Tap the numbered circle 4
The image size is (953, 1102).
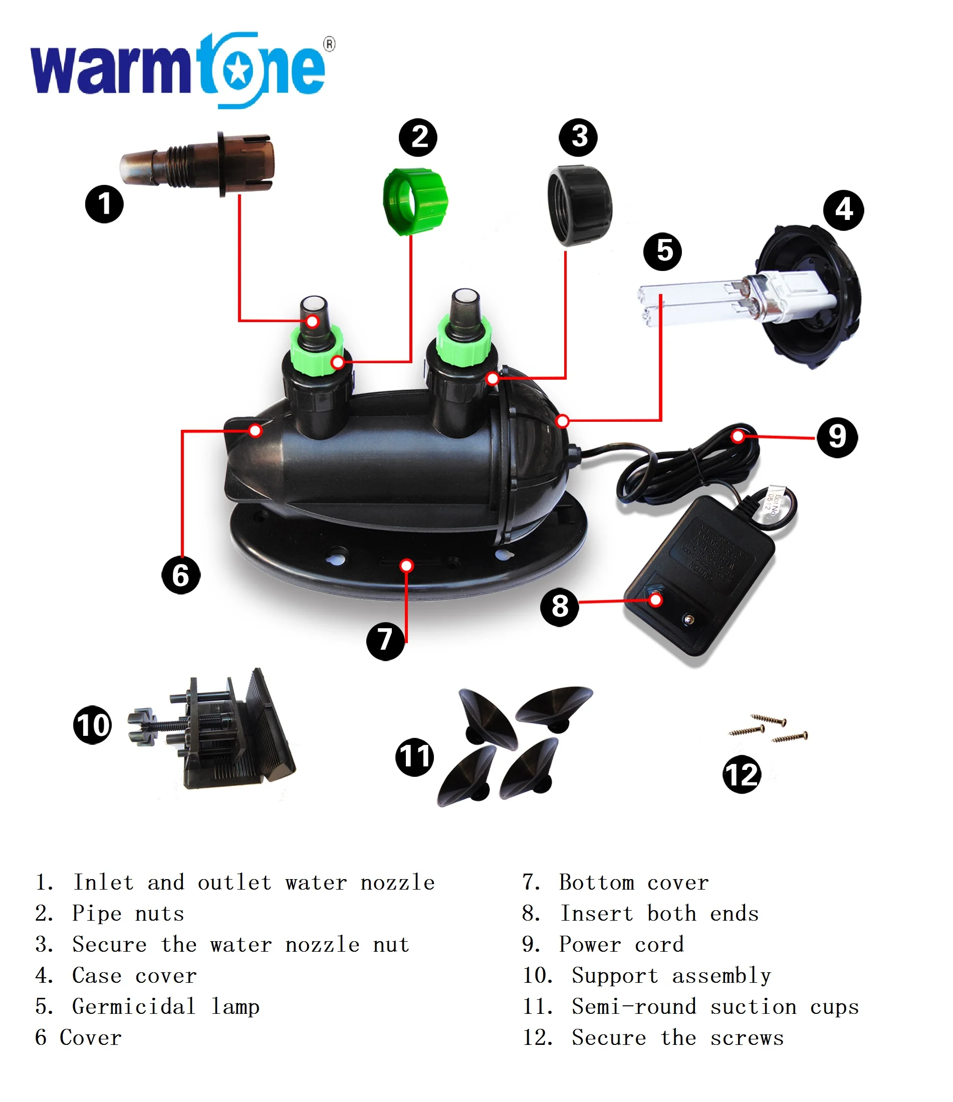[843, 210]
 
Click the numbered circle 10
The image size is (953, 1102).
[93, 725]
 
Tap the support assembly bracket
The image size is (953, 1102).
[223, 731]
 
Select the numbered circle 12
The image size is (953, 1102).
[741, 774]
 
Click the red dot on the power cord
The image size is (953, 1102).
[738, 437]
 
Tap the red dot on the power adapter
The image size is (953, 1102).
[655, 601]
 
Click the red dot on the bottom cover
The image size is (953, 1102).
[406, 566]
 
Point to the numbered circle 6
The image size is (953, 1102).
[181, 575]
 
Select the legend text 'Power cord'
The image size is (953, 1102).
[621, 944]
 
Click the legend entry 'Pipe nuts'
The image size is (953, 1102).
[128, 913]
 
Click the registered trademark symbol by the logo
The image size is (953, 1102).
[330, 44]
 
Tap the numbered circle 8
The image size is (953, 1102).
[559, 606]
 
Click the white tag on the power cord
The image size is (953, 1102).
[774, 500]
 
